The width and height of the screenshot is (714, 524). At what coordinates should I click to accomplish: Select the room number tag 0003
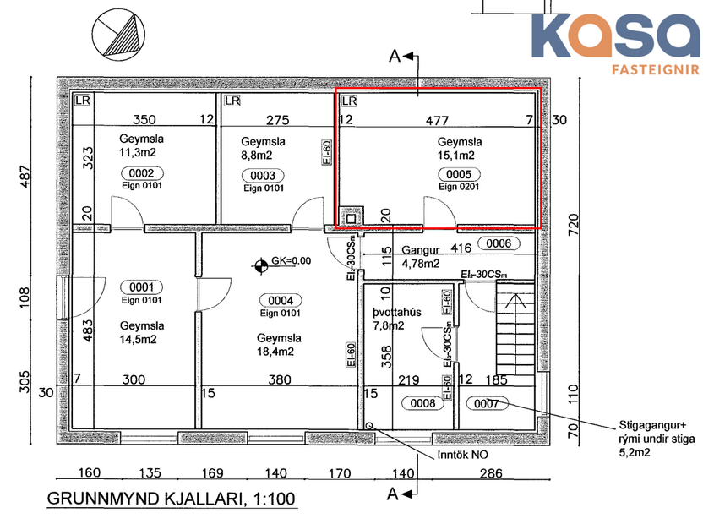tap(262, 175)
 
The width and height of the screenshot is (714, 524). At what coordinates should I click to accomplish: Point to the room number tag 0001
tap(141, 287)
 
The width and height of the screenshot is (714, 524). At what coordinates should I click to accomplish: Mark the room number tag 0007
tap(488, 403)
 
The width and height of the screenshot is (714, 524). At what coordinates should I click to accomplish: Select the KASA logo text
tap(617, 35)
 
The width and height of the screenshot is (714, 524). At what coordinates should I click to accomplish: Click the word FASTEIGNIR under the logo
tap(654, 70)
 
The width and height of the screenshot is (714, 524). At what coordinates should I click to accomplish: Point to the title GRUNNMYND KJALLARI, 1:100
tap(172, 499)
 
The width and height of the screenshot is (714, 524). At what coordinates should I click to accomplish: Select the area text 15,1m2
tap(455, 156)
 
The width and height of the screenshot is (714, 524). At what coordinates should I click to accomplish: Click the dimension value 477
tap(437, 121)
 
